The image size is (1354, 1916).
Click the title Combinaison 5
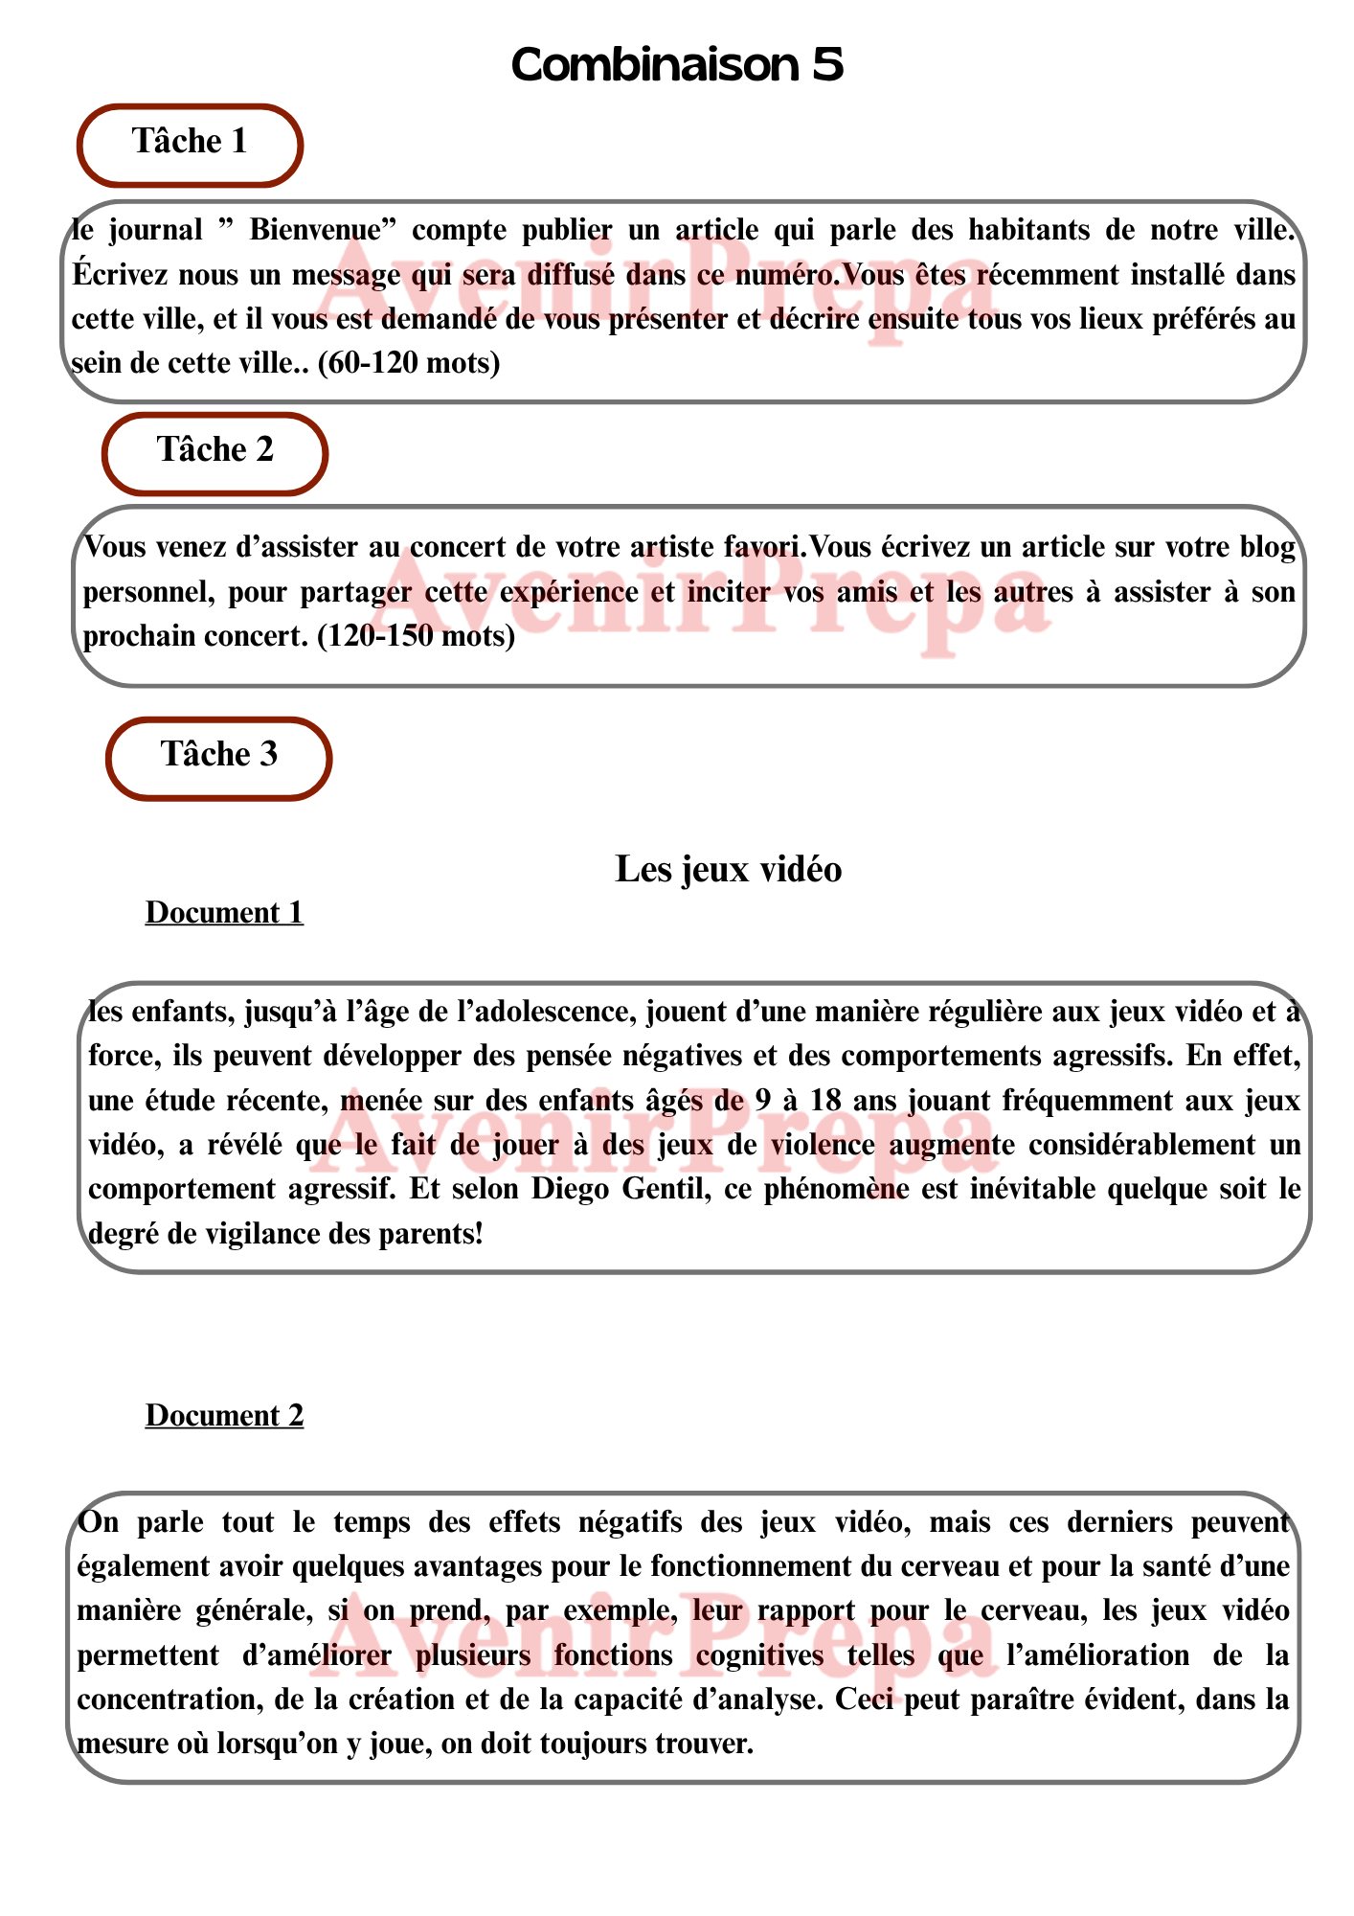(677, 65)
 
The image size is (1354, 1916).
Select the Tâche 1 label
(190, 142)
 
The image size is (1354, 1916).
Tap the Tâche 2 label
(215, 450)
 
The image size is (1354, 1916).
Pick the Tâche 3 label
(219, 755)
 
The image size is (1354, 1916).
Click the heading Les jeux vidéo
(728, 869)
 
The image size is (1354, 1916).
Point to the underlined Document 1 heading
(224, 913)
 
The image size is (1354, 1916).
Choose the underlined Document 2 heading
(224, 1415)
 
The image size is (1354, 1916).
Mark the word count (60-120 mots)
(408, 363)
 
